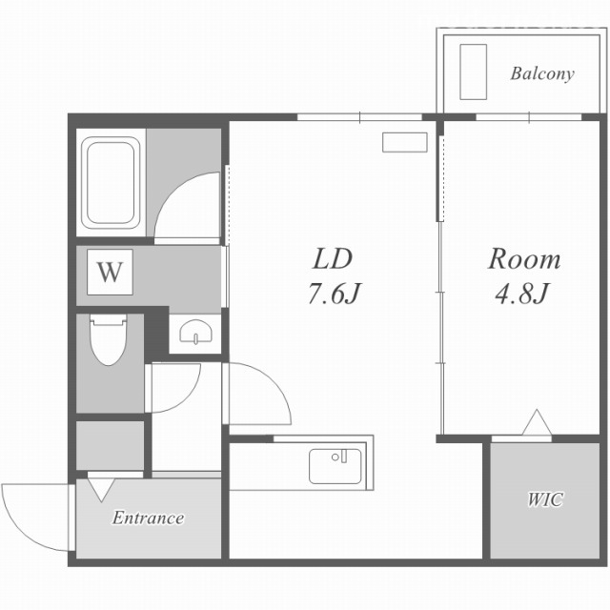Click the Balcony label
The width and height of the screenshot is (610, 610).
coord(542,73)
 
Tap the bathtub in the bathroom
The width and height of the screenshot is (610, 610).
coord(111,182)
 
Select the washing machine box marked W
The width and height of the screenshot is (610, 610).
coord(111,272)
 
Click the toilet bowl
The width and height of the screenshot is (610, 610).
coord(109,339)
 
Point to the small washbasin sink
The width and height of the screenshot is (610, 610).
coord(195,333)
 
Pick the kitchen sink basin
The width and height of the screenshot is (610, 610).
coord(335,466)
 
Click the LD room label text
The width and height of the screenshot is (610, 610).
coord(333,259)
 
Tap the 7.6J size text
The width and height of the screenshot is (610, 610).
coord(335,294)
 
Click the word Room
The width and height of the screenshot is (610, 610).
coord(524,258)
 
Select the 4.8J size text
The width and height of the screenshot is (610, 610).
coord(521,293)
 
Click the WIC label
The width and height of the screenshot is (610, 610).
coord(545,499)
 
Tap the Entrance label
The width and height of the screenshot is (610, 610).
coord(149,518)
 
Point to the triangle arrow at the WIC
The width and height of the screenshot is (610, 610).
coord(537,422)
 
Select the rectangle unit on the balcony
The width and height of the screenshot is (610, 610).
coord(473,72)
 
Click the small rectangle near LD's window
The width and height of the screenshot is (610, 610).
coord(404,142)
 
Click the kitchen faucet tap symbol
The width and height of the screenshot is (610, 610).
coord(344,456)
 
